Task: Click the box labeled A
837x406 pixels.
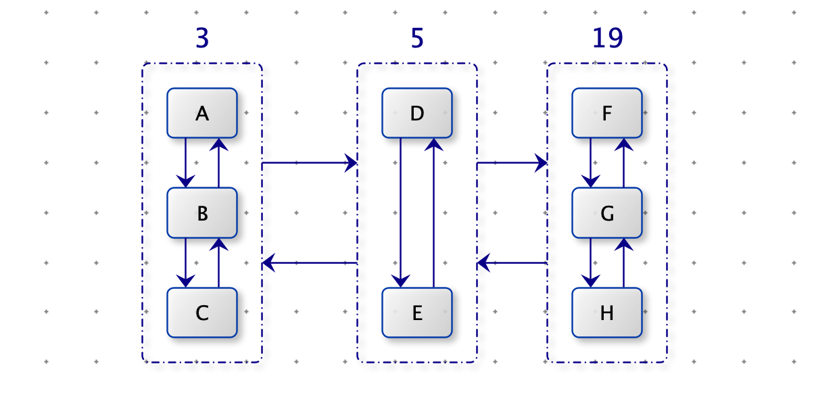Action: [x=202, y=113]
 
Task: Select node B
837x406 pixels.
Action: [x=202, y=212]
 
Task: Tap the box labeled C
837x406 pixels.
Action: [x=202, y=313]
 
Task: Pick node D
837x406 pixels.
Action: [x=417, y=113]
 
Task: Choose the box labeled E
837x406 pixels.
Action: [x=417, y=313]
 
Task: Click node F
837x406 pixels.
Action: [x=607, y=113]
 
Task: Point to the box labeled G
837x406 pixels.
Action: [x=607, y=212]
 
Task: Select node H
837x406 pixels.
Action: [x=607, y=313]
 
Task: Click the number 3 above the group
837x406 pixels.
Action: [x=202, y=38]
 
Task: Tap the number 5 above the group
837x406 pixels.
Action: [x=417, y=38]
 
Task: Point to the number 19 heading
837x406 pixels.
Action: [x=608, y=38]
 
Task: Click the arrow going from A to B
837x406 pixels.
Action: [x=186, y=163]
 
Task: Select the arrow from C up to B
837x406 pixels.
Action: [x=218, y=263]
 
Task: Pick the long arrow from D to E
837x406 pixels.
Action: [x=400, y=212]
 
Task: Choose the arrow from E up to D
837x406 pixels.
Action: [x=433, y=212]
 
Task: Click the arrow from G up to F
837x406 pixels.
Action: [x=623, y=163]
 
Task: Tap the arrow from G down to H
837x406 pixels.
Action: [x=591, y=263]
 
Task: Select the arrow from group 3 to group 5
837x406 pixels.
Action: [x=310, y=163]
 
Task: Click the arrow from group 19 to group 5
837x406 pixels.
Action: [x=512, y=263]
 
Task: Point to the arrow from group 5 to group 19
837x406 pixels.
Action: [x=512, y=163]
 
